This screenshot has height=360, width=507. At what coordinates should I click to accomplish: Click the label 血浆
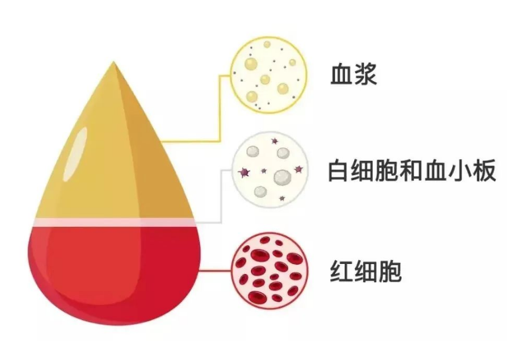(x=353, y=75)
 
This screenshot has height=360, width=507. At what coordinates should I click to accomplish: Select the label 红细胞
(x=366, y=271)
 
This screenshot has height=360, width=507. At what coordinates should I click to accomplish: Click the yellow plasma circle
(x=269, y=75)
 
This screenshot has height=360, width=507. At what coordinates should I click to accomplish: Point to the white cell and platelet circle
(x=270, y=169)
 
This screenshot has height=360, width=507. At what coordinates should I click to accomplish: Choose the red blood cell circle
(x=269, y=270)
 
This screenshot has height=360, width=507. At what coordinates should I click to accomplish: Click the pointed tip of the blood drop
(x=113, y=62)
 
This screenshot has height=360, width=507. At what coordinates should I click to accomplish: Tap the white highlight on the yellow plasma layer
(x=75, y=154)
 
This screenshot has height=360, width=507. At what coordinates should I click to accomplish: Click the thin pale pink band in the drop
(x=115, y=222)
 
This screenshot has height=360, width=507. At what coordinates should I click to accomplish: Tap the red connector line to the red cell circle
(x=216, y=270)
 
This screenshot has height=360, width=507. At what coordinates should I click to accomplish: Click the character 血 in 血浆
(x=341, y=75)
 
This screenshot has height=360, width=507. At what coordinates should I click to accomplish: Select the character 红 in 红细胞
(x=341, y=271)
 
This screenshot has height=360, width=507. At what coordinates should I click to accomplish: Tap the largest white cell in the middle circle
(x=282, y=177)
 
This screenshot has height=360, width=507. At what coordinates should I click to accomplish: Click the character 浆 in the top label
(x=366, y=75)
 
